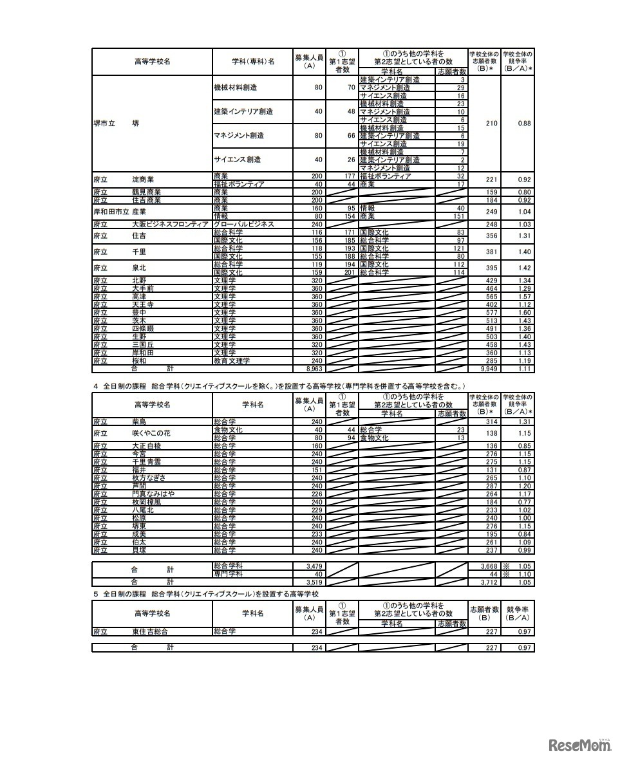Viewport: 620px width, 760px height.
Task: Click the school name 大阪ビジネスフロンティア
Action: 171,224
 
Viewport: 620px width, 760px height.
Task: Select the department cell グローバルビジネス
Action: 244,224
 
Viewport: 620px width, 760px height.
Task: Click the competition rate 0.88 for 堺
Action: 523,124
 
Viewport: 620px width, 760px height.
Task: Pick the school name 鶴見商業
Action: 146,192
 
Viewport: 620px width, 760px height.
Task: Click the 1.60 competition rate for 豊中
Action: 524,313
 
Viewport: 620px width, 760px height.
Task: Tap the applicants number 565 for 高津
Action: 491,297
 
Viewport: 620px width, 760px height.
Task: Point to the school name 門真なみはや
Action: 153,494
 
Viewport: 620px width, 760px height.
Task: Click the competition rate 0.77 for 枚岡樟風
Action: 524,502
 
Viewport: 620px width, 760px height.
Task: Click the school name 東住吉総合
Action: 151,631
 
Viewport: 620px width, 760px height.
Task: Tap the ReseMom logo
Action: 579,745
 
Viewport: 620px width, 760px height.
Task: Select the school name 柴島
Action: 140,422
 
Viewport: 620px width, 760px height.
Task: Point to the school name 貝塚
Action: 140,550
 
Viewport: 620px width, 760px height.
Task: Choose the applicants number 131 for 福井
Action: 491,470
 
